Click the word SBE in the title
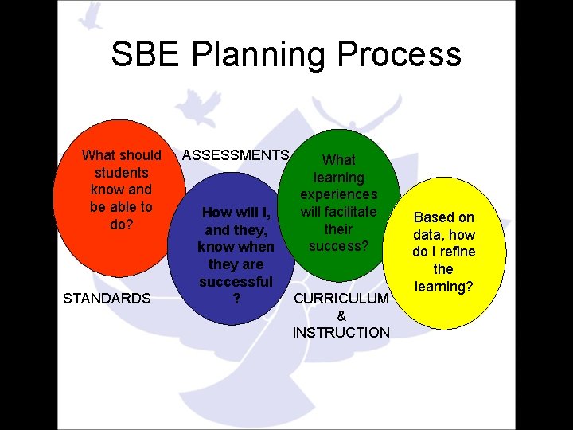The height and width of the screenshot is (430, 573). (x=144, y=54)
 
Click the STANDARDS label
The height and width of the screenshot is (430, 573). (x=107, y=299)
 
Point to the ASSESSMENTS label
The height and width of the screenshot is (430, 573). (x=236, y=154)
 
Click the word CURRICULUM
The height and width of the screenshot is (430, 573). (x=341, y=299)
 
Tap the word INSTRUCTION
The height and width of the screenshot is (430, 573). (x=341, y=333)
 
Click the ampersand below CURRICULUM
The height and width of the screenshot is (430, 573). (x=342, y=316)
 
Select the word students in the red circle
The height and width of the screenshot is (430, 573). (x=121, y=172)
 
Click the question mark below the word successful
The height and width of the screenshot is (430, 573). (x=236, y=299)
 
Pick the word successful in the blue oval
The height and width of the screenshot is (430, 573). (x=236, y=282)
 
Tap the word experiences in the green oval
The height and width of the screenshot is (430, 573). (x=339, y=194)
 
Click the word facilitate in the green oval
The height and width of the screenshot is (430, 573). (x=339, y=212)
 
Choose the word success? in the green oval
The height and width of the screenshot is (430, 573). (x=339, y=246)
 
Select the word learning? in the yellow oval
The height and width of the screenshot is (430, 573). (x=443, y=286)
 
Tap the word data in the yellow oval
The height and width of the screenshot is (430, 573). (x=431, y=235)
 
